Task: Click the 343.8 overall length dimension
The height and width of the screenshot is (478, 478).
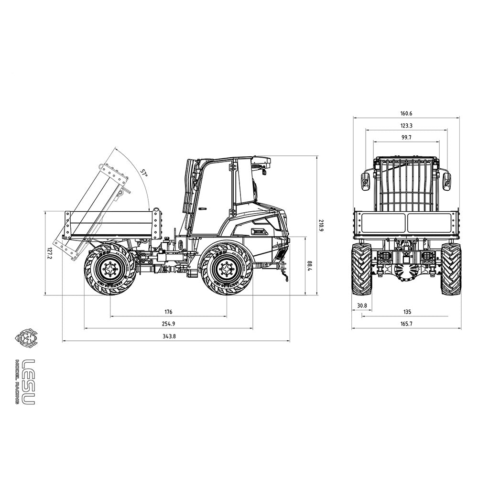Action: pos(168,336)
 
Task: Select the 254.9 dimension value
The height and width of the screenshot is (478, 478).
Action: pos(168,324)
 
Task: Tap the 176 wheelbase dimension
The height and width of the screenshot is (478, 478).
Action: pos(168,312)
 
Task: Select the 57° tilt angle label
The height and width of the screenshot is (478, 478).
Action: pos(144,172)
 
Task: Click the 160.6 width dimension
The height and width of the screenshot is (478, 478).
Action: pos(406,113)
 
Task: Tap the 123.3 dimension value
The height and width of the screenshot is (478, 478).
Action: pos(406,126)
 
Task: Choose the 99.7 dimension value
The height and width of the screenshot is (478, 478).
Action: pos(406,138)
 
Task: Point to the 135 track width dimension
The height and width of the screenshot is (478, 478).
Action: pos(407,312)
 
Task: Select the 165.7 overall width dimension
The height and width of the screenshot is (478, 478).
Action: pos(407,324)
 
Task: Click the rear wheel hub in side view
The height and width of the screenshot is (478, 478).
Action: pos(110,269)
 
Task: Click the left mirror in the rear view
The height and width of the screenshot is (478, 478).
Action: pos(365,181)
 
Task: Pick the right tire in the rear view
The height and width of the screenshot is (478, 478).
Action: pos(450,269)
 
